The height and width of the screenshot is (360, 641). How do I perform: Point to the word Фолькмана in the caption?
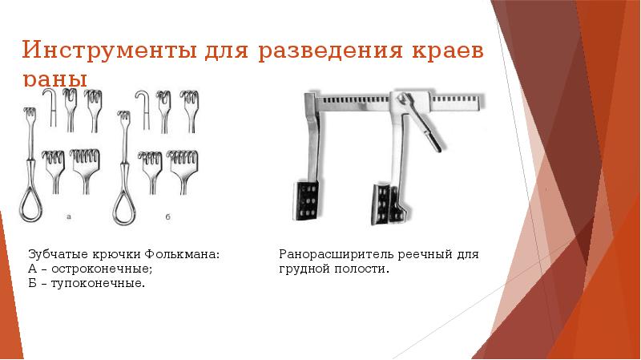pos(187,254)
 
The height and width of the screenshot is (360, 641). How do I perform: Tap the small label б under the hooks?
pos(165,216)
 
